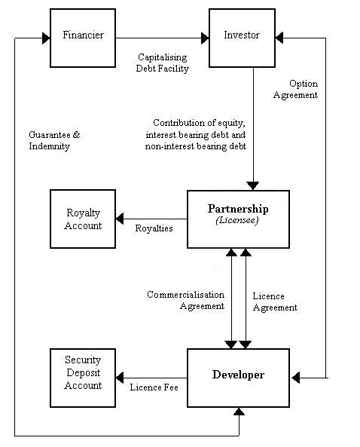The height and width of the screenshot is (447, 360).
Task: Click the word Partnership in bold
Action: point(238,209)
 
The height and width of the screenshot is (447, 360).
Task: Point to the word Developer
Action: point(239,375)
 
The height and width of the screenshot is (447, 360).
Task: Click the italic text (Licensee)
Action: point(237,220)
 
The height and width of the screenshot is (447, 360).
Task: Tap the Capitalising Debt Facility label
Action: point(163,63)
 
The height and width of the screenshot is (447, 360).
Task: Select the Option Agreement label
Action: point(296,89)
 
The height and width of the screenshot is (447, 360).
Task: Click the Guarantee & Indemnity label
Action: point(54,140)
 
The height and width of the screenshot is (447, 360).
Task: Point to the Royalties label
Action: point(154,228)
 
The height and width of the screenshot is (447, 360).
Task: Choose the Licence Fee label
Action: point(154,387)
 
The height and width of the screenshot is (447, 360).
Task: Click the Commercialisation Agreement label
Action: point(186,300)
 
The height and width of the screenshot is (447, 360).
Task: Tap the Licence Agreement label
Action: point(275,302)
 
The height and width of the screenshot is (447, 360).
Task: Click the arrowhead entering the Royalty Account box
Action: point(120,219)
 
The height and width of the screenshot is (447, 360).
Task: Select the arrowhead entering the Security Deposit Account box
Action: point(120,378)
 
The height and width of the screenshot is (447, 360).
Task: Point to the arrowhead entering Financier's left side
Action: point(46,38)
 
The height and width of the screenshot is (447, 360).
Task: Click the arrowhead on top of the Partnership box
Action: point(253,186)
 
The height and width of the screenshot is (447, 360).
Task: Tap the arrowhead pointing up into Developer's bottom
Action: point(239,412)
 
